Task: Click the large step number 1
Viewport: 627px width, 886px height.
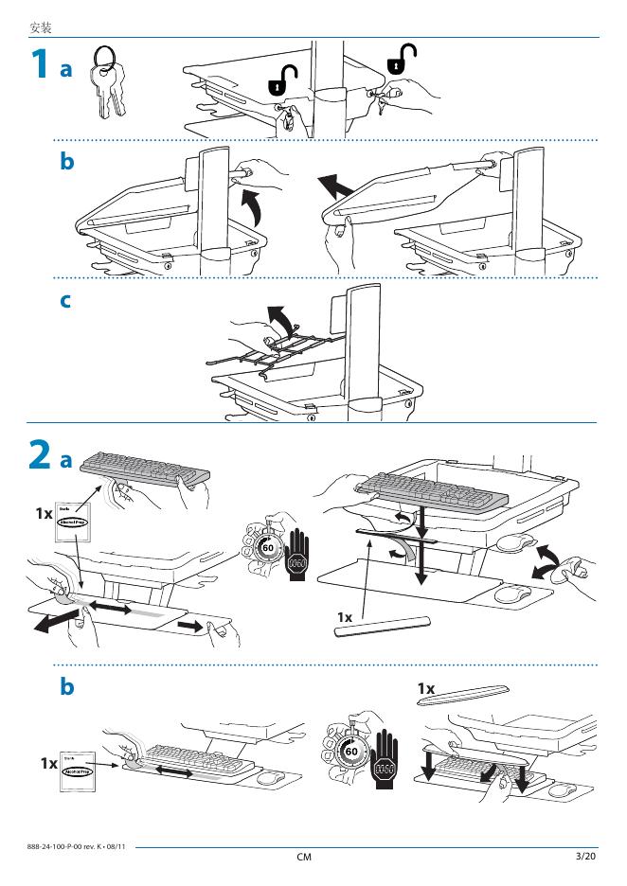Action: [37, 66]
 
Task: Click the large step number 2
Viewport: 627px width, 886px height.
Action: [38, 457]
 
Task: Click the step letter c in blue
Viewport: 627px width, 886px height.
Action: [65, 302]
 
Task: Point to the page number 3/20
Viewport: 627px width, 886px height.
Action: [585, 857]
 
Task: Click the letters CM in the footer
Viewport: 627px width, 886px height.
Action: [304, 858]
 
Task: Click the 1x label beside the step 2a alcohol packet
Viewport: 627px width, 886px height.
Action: [44, 514]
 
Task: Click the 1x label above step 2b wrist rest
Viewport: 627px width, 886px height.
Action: [426, 687]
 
